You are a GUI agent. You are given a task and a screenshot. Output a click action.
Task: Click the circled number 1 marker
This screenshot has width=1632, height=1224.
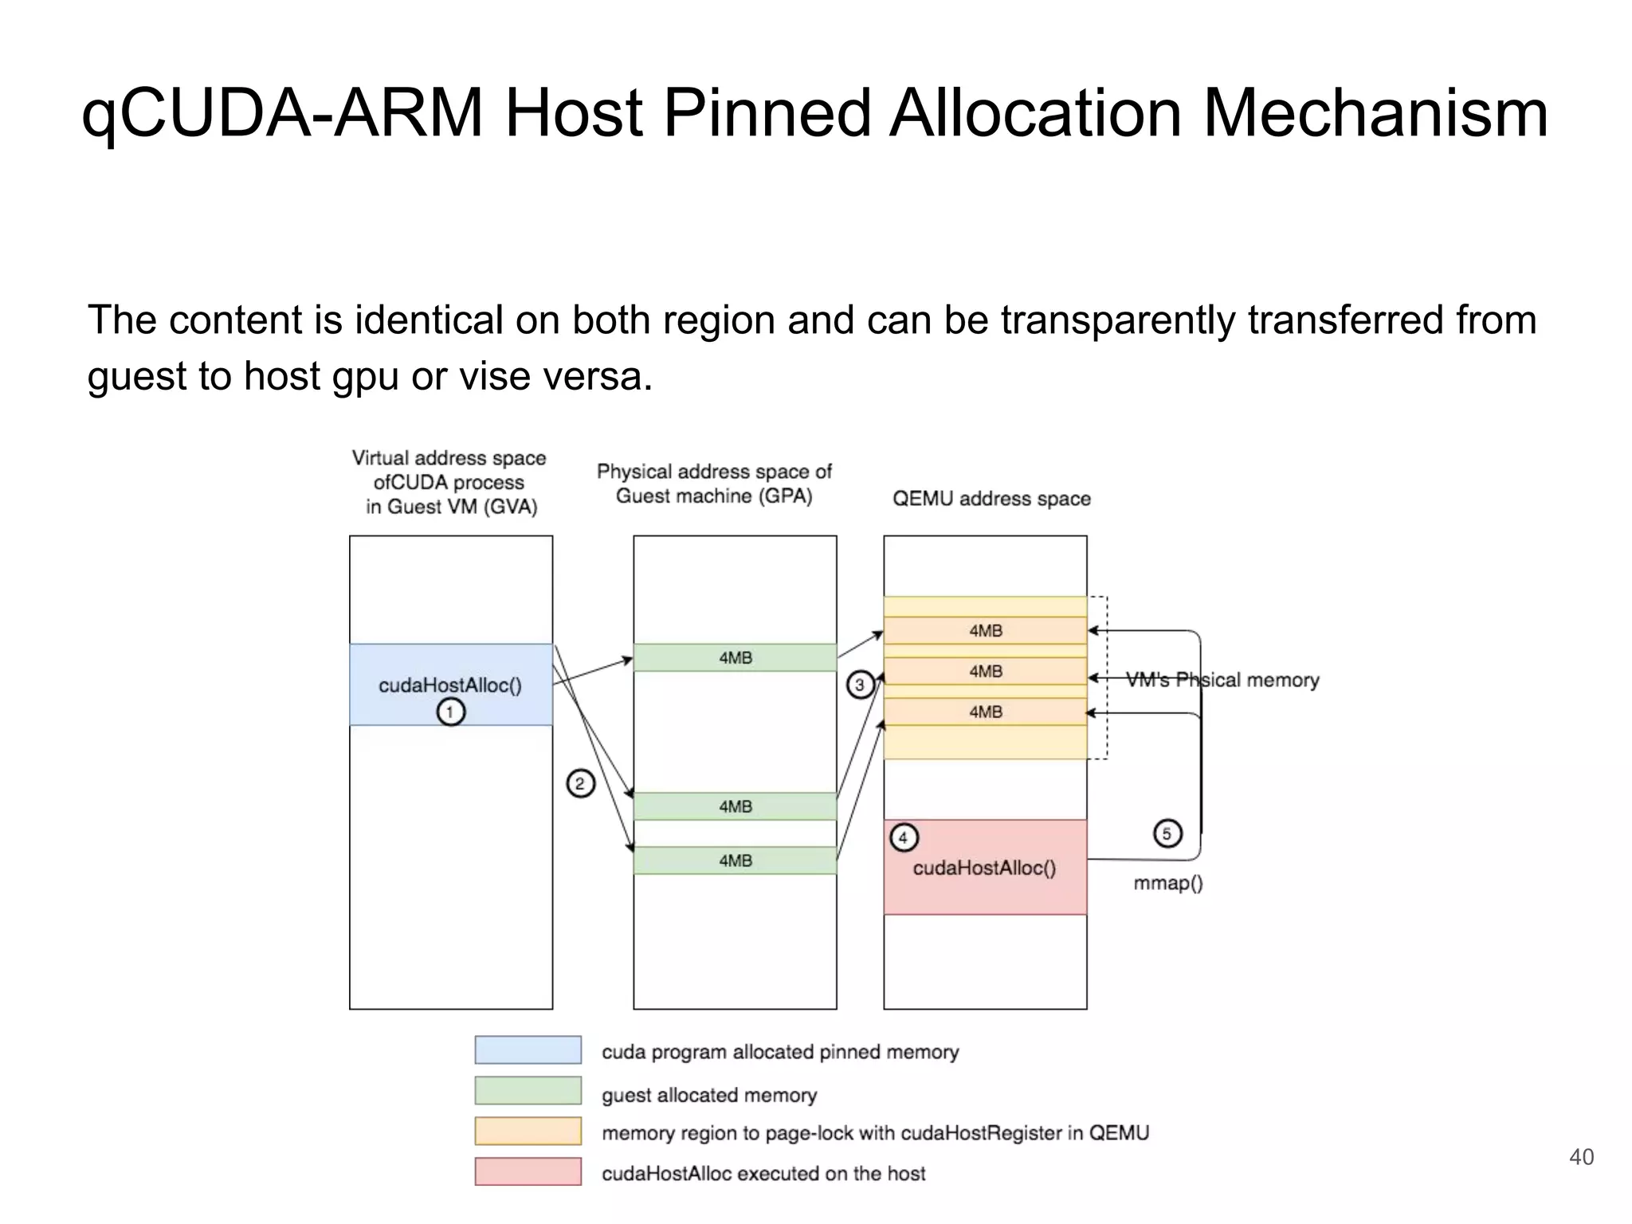pos(450,712)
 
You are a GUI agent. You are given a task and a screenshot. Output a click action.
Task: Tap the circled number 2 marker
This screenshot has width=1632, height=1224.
pos(580,784)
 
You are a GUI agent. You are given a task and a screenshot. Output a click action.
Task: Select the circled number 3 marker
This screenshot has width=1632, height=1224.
pos(859,685)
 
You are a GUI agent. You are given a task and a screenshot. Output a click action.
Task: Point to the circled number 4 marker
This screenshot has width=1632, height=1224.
pos(903,838)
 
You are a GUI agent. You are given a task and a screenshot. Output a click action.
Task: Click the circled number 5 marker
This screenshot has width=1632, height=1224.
pos(1167,834)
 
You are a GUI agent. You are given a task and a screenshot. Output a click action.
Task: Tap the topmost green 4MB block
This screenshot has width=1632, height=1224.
pos(735,657)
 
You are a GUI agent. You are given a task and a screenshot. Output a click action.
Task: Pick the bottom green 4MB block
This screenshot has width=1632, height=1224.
pos(735,861)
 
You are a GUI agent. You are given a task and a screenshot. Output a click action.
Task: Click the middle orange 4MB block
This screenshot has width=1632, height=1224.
pos(985,672)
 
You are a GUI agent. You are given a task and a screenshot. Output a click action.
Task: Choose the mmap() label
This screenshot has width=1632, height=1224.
pos(1168,883)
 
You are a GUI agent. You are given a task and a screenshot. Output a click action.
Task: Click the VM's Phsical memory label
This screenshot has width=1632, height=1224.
pos(1222,680)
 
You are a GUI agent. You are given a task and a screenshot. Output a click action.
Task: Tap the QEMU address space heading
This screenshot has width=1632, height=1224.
pos(991,499)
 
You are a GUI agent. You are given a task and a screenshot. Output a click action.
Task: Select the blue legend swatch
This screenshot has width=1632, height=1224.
pos(528,1049)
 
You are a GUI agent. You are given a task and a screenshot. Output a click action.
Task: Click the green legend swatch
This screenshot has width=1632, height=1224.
pos(528,1090)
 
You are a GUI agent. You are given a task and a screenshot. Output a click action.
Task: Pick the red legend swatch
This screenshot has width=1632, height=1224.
pos(528,1171)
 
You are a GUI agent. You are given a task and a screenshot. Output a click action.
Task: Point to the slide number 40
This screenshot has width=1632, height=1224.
pos(1581,1157)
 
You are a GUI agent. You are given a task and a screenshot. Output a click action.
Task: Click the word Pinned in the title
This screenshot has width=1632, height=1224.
pos(767,114)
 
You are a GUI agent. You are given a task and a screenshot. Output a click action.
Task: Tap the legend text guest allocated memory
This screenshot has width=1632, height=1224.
pos(709,1095)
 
